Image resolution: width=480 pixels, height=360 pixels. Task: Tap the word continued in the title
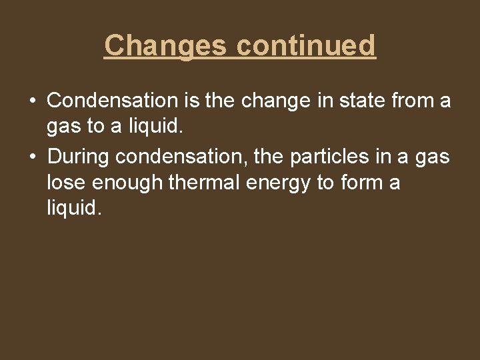(x=306, y=45)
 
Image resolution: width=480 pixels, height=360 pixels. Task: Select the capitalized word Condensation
(x=111, y=101)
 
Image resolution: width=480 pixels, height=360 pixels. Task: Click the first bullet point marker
(x=32, y=101)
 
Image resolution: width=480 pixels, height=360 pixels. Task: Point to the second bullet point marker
(x=32, y=157)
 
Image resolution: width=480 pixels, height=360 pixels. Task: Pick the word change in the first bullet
(x=262, y=101)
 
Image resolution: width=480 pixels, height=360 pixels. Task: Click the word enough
(x=129, y=183)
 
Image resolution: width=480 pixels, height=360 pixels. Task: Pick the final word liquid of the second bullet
(x=74, y=208)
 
